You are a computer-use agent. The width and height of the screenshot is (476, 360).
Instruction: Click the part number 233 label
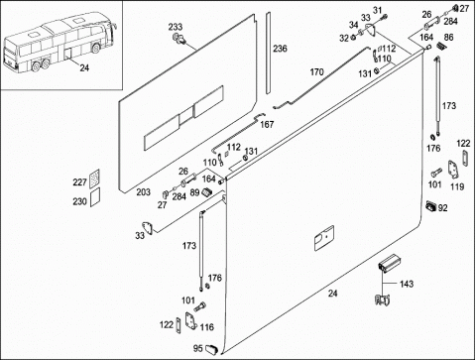point(176,27)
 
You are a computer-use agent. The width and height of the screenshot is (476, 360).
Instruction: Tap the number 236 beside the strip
point(280,49)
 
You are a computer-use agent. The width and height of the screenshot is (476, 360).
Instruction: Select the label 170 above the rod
point(316,71)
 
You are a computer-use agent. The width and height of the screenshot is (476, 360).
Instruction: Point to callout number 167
point(267,124)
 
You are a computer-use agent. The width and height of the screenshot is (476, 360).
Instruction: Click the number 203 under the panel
point(144,191)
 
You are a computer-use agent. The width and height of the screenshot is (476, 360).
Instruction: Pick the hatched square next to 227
point(95,179)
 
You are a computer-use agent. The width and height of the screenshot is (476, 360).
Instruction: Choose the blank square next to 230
point(95,197)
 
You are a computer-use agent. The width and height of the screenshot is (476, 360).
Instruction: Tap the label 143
point(407,284)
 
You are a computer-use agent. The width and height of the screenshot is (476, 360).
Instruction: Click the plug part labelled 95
point(211,349)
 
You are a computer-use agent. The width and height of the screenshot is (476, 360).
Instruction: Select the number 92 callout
point(442,208)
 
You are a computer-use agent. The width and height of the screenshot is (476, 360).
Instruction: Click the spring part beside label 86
point(440,46)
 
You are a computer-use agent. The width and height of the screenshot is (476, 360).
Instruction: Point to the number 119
point(457,186)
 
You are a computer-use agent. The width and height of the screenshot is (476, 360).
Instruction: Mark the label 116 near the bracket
point(206,327)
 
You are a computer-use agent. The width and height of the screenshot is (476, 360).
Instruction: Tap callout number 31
point(377,11)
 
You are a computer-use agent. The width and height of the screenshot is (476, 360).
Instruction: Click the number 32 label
point(344,39)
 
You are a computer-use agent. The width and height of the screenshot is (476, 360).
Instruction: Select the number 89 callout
point(194,192)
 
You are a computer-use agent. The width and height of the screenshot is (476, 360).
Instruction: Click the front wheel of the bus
point(96,49)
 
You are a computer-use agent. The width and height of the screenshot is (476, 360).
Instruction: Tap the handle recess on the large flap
point(324,238)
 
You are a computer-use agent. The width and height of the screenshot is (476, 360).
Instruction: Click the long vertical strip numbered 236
point(268,53)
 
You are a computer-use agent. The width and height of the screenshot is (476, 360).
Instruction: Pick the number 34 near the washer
point(354,25)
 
